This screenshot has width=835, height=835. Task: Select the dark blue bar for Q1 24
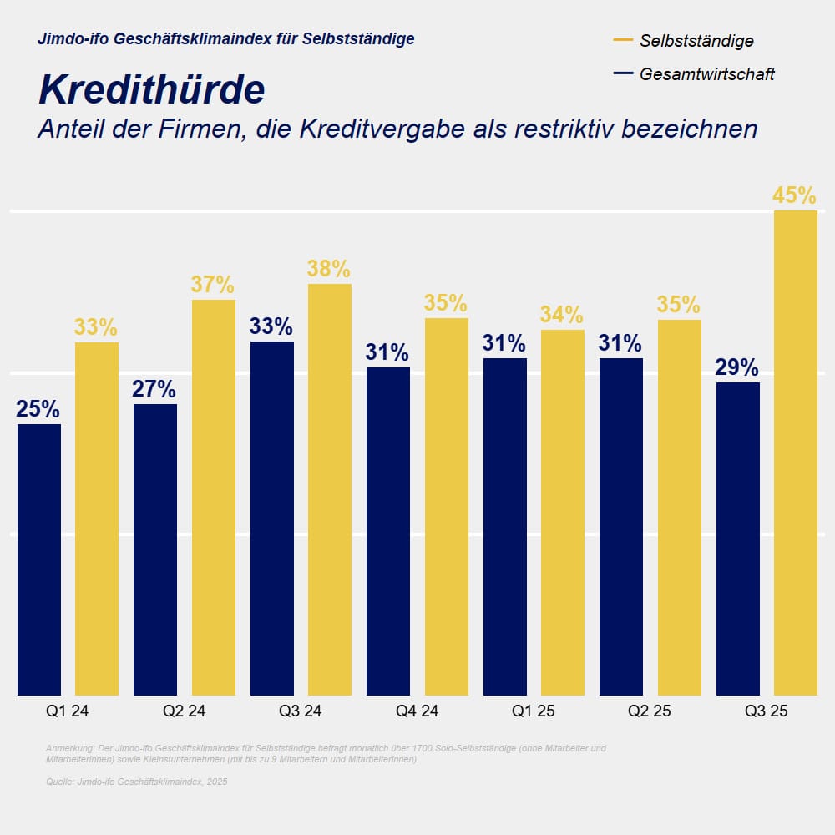[39, 559]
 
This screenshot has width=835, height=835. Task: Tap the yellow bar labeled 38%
[330, 489]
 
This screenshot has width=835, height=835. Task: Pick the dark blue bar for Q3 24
[271, 518]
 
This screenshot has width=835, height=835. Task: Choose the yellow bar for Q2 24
[214, 497]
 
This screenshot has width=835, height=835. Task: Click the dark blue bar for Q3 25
[737, 539]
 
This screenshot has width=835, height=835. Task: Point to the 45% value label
[794, 195]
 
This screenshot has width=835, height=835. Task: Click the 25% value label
[38, 409]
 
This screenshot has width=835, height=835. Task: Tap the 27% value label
[154, 389]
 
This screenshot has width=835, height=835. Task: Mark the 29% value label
[737, 367]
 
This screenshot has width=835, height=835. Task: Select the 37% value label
[213, 285]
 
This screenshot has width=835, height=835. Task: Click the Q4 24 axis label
[417, 711]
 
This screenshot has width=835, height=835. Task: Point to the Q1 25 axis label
[534, 711]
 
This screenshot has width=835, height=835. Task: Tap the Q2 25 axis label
[650, 711]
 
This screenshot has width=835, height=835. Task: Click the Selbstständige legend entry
[696, 40]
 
